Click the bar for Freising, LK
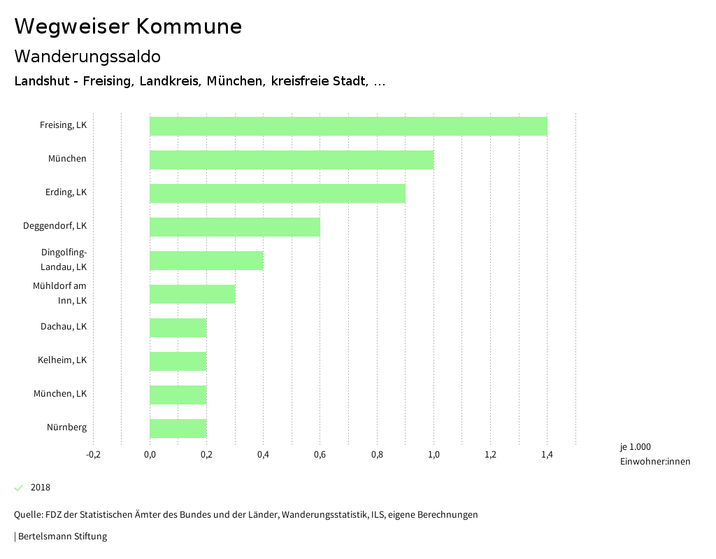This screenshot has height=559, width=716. click(348, 126)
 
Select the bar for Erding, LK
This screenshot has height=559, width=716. click(278, 193)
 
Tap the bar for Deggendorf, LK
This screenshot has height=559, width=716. click(235, 227)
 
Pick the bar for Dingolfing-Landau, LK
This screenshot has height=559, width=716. click(206, 260)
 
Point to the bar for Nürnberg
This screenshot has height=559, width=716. click(178, 428)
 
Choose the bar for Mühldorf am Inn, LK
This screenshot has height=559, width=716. click(192, 294)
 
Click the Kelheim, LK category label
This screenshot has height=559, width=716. click(62, 360)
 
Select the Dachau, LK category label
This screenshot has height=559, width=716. click(64, 327)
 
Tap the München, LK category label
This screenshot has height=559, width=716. click(60, 394)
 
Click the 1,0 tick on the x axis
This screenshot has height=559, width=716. click(434, 455)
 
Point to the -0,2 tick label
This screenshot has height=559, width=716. click(93, 455)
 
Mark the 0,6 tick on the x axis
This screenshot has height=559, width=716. click(320, 455)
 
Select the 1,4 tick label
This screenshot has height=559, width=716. click(547, 455)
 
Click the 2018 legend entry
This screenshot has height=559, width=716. click(41, 488)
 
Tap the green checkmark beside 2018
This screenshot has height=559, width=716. click(19, 488)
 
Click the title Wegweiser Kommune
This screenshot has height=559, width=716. click(128, 27)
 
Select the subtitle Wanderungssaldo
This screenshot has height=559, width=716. click(87, 56)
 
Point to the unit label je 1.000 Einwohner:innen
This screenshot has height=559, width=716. click(654, 454)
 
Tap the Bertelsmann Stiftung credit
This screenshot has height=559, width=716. click(62, 537)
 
